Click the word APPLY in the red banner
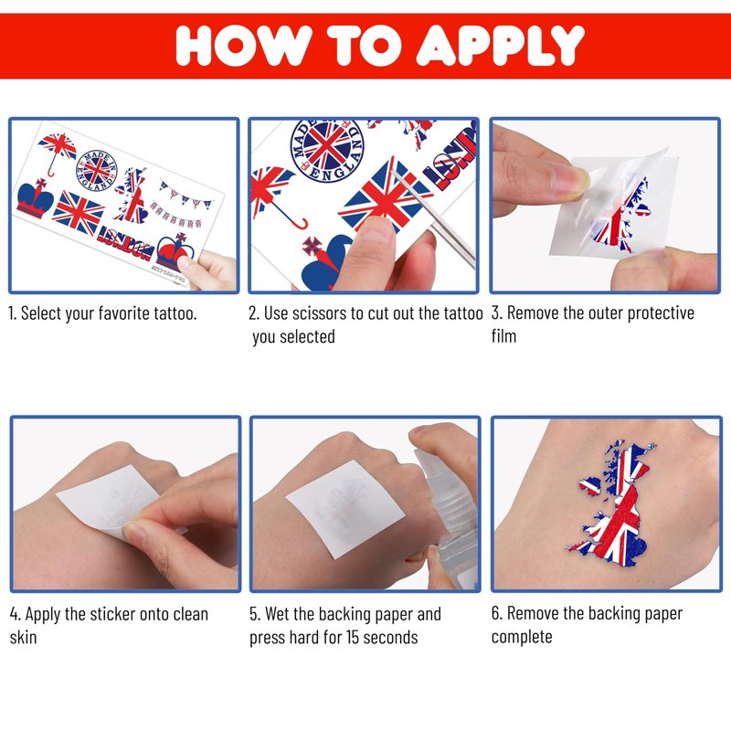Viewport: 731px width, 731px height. (x=500, y=45)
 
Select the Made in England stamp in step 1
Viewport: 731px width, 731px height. (x=97, y=170)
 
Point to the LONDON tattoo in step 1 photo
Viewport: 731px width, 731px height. (x=125, y=242)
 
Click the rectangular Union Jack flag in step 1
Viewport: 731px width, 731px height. (x=78, y=213)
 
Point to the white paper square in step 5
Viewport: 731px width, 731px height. (x=345, y=509)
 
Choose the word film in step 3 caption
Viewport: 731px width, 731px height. (x=504, y=335)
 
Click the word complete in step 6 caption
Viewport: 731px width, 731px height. (x=522, y=637)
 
